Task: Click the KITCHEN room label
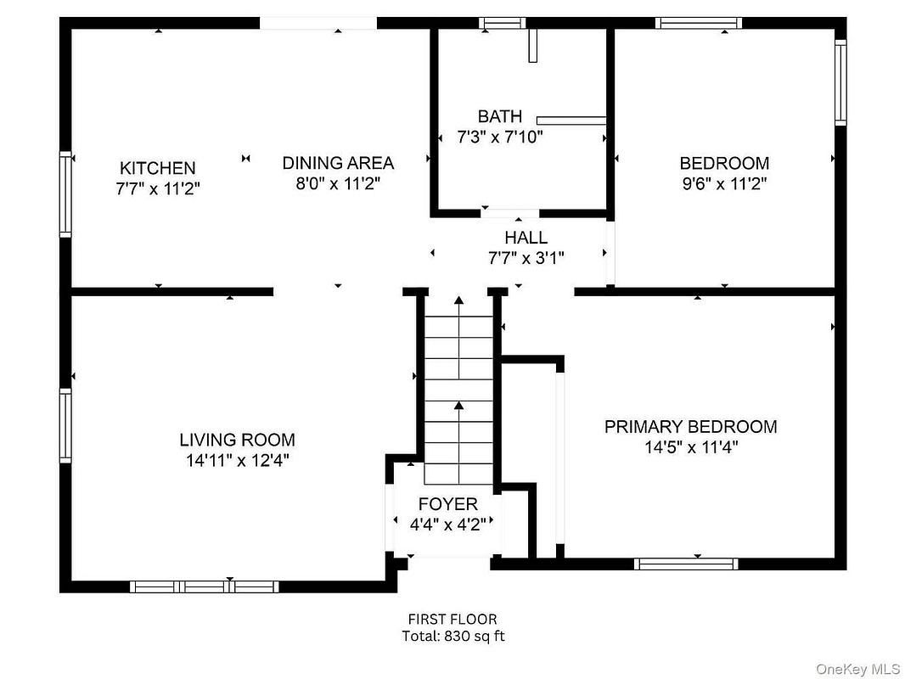tap(158, 168)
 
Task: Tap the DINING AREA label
tap(338, 163)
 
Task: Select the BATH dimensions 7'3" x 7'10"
tap(500, 137)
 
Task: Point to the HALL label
tap(526, 237)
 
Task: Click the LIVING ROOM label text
tap(237, 440)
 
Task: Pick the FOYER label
tap(448, 503)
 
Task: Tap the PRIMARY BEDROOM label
tap(691, 426)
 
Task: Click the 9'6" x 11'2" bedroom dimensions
tap(724, 183)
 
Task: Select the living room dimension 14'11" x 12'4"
tap(237, 460)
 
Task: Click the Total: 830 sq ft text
tap(453, 636)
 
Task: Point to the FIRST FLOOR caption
tap(452, 619)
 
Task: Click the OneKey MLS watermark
tap(857, 669)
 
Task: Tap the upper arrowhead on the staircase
tap(458, 300)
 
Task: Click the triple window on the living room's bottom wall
tap(205, 586)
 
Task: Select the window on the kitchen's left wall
tap(66, 194)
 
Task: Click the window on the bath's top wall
tap(502, 23)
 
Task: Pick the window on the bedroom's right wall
tap(841, 82)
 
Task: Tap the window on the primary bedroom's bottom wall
tap(686, 564)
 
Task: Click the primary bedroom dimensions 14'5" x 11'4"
tap(691, 447)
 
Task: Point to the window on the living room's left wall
tap(66, 425)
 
